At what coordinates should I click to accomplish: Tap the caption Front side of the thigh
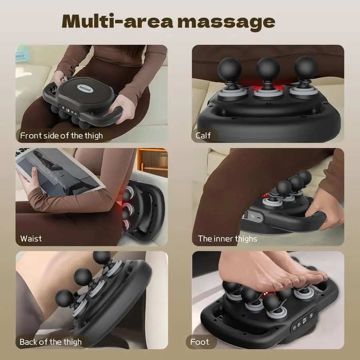click(x=61, y=136)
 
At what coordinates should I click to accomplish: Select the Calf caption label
click(x=203, y=136)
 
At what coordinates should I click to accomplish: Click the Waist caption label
click(x=31, y=239)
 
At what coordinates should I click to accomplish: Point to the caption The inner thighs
click(x=227, y=239)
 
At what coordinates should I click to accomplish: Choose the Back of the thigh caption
click(x=50, y=342)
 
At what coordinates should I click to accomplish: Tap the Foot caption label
click(x=200, y=342)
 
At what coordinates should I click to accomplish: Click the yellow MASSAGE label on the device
click(x=85, y=88)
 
